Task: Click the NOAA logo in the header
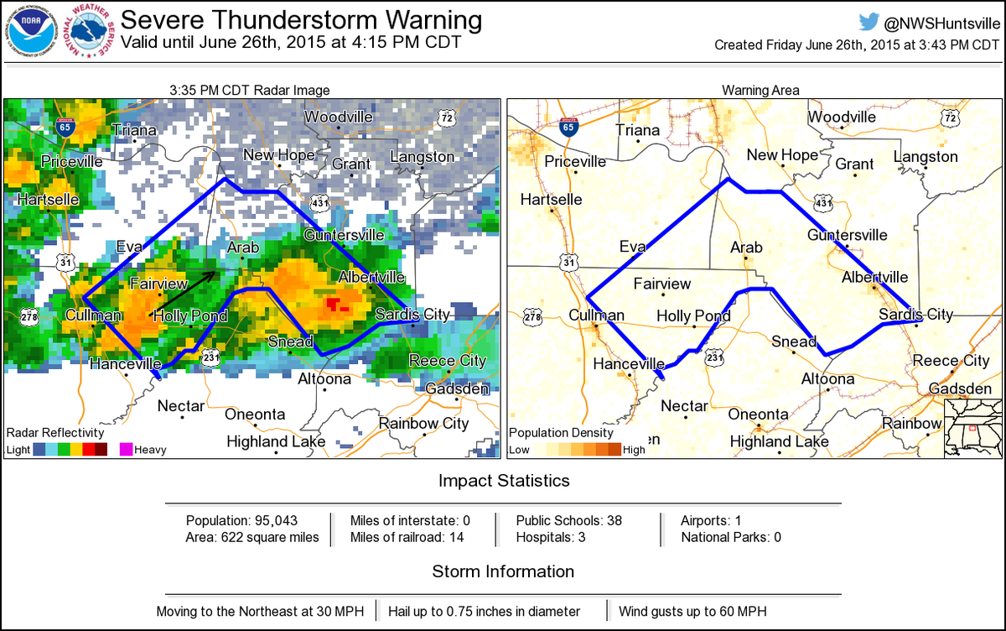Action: (31, 31)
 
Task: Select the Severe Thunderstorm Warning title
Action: (302, 19)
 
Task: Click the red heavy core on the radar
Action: (338, 303)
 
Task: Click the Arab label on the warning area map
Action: (746, 248)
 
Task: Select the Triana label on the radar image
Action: (134, 130)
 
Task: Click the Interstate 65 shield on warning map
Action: (568, 127)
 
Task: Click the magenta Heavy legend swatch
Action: (127, 449)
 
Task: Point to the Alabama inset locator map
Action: (972, 428)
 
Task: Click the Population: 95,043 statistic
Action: (241, 520)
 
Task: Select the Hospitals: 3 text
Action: (550, 537)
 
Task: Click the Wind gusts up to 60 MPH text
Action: (692, 612)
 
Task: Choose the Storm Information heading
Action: (503, 571)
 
